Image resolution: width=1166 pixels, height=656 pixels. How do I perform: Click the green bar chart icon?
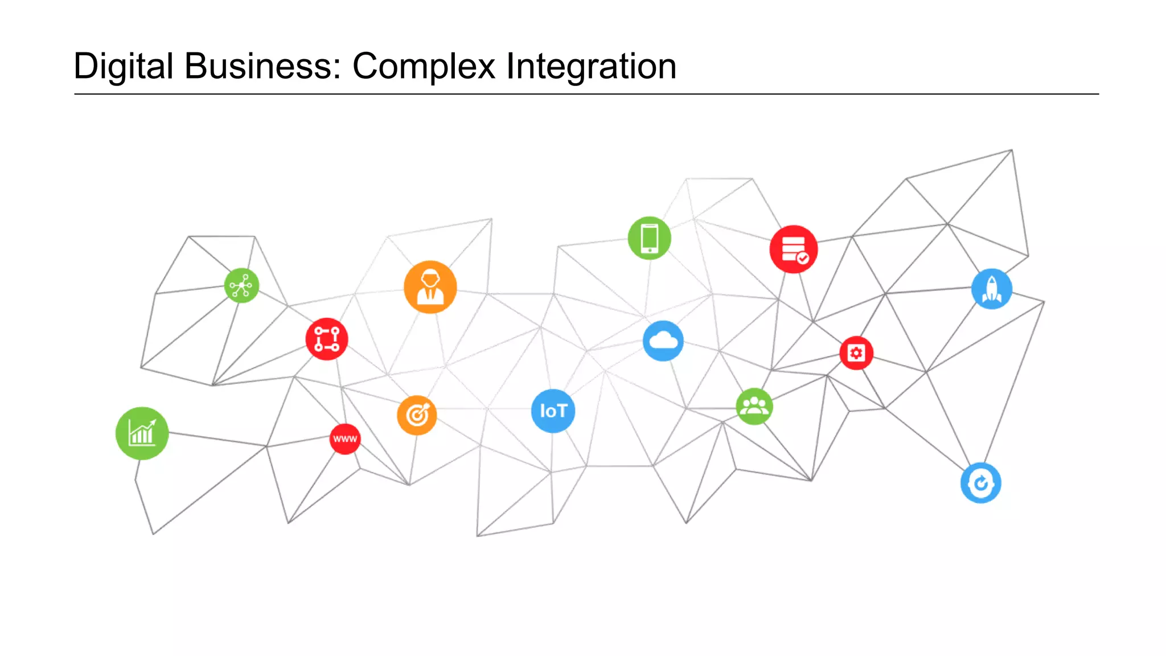[142, 433]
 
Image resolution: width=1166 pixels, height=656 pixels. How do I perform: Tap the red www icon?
[345, 439]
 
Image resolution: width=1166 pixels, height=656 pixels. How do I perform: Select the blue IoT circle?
[553, 411]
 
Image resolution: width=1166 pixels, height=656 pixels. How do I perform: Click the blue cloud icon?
[663, 341]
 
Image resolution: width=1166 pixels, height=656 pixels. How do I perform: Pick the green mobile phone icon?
[649, 238]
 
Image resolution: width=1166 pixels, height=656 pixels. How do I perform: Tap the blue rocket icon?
[991, 289]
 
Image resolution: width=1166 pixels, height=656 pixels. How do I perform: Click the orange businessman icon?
[430, 287]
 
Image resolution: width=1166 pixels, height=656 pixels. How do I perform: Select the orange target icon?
[417, 415]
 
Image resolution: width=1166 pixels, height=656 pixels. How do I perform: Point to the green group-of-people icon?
[754, 407]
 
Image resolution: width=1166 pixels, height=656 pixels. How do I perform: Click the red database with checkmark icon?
[793, 249]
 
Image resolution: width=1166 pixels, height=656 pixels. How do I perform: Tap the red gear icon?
[856, 353]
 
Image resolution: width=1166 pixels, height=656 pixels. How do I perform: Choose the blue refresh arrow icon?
[980, 483]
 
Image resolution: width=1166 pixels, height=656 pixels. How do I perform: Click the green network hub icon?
[241, 285]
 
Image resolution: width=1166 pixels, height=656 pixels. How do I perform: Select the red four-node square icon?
[327, 339]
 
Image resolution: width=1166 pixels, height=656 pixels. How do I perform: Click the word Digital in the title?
[123, 66]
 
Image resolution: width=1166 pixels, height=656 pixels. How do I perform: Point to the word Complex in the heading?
[424, 66]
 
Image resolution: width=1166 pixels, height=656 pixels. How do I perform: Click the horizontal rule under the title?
[586, 94]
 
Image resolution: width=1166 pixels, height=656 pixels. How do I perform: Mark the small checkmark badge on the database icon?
[803, 259]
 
